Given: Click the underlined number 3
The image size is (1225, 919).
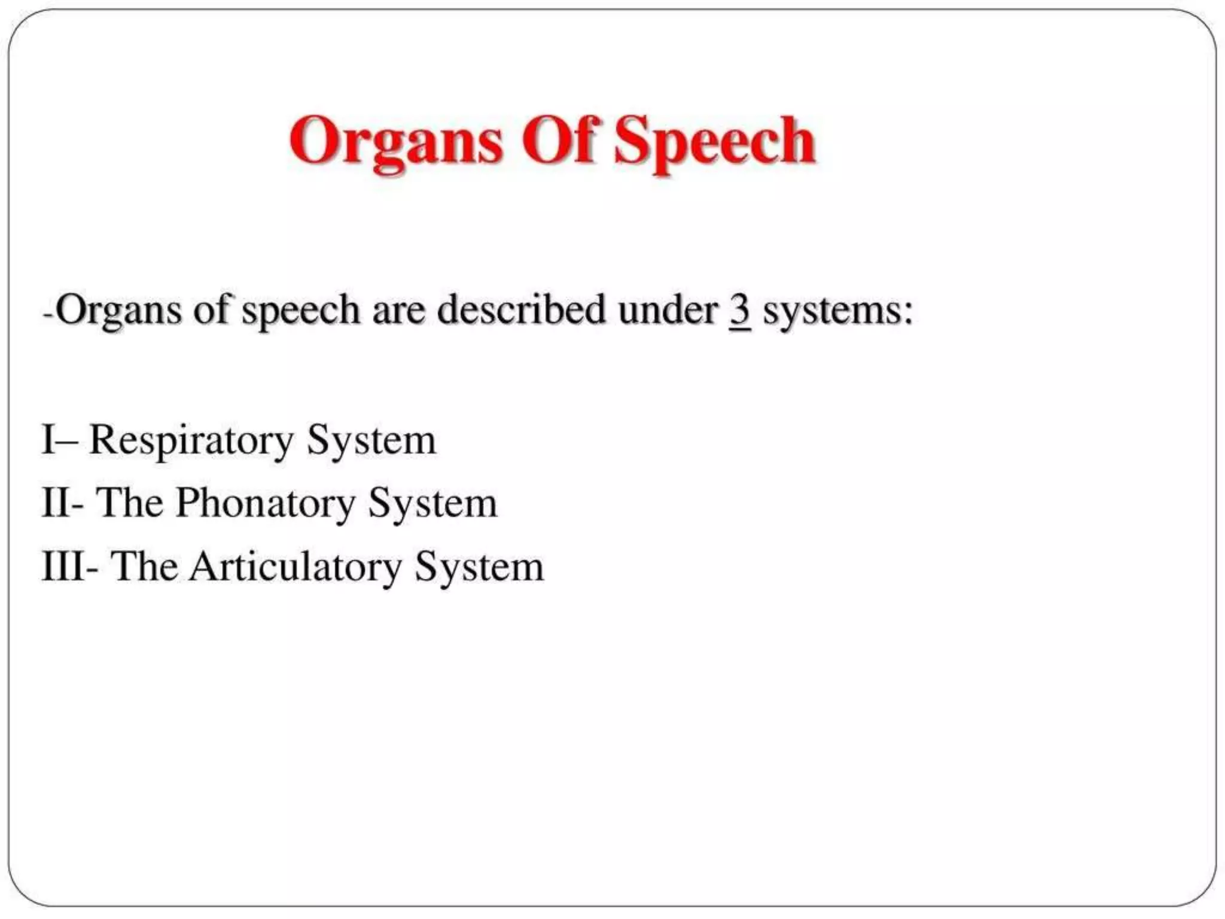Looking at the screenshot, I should [740, 311].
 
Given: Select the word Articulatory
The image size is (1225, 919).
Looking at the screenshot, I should [295, 567].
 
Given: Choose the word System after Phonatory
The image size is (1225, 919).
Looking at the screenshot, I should [432, 504].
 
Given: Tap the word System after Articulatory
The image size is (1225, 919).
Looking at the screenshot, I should [479, 567].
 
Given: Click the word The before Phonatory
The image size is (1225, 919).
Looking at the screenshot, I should [129, 503].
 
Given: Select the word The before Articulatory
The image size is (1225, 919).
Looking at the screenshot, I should [144, 567].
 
